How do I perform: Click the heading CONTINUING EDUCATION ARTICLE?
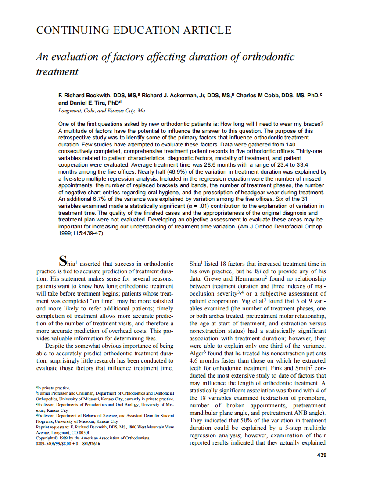133,30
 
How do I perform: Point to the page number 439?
321,455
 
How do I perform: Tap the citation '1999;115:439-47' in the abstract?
80,232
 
